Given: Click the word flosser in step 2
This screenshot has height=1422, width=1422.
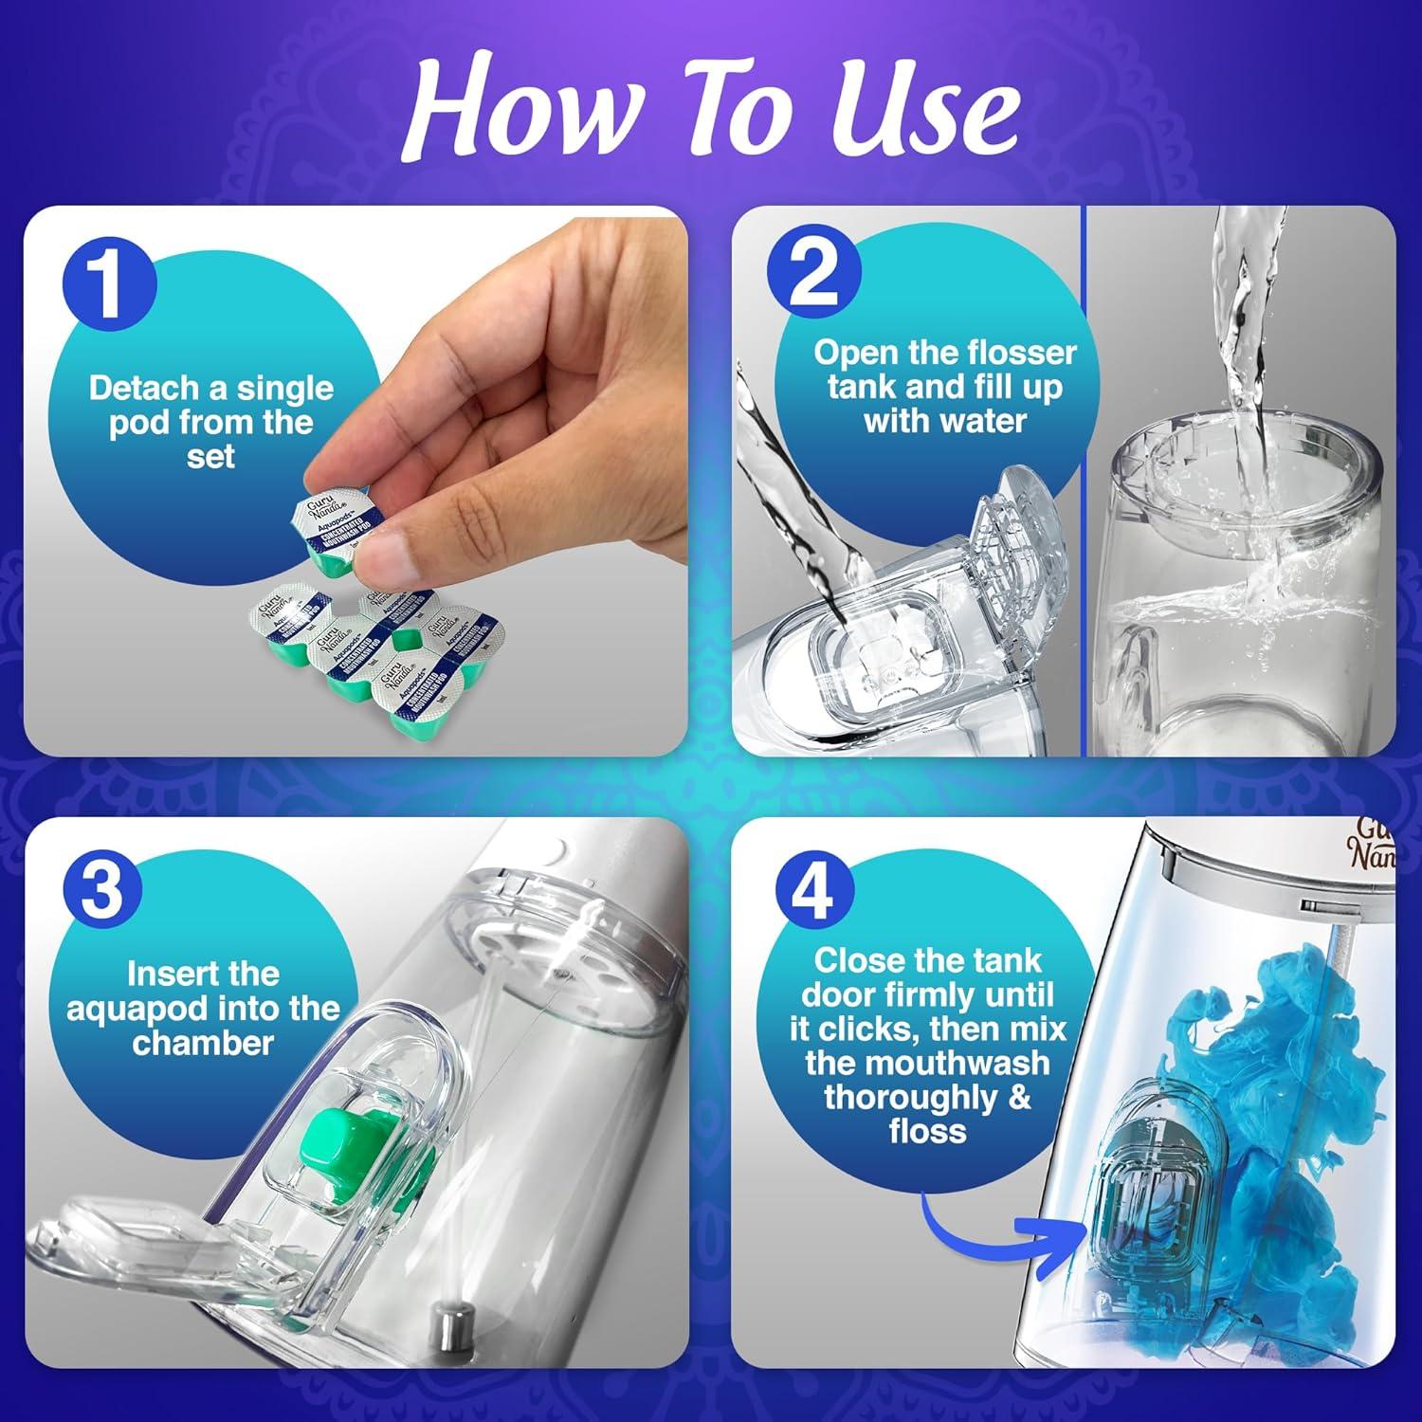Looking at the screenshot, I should [x=1025, y=354].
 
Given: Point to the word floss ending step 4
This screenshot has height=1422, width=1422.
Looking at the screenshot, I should [x=927, y=1131].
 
